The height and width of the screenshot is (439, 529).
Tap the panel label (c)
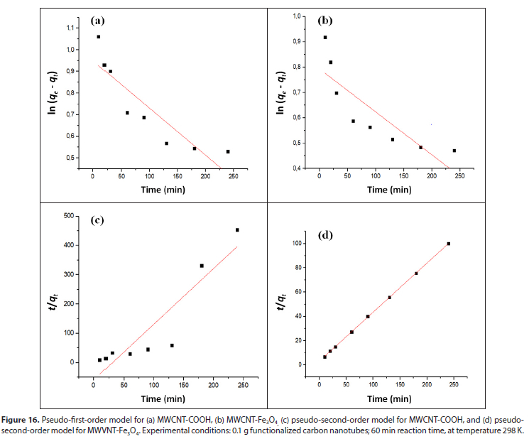point(97,220)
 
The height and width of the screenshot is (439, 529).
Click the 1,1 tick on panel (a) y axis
point(70,28)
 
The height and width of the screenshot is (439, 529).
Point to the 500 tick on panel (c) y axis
point(68,216)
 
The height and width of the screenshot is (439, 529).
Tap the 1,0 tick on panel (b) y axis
point(296,16)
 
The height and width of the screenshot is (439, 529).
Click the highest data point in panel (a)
point(99,37)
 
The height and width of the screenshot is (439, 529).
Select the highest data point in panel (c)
point(237,230)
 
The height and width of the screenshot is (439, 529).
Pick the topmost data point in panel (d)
point(449,244)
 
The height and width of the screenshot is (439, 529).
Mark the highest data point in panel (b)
point(325,38)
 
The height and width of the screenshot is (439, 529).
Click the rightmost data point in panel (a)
point(228,151)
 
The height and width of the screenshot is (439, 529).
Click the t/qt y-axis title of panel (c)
point(50,292)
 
